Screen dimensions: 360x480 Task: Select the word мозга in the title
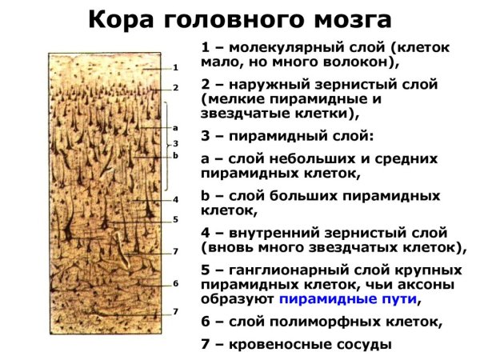[x=348, y=18]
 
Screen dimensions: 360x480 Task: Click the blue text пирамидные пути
[x=347, y=299]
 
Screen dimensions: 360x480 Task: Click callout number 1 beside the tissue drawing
[x=174, y=68]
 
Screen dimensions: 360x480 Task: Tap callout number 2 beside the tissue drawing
[x=174, y=86]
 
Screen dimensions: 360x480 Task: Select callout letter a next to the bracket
[x=174, y=127]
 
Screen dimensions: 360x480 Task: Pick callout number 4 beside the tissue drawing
[x=174, y=198]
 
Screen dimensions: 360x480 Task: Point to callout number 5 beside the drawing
[x=174, y=219]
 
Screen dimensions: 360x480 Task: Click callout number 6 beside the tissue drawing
[x=174, y=283]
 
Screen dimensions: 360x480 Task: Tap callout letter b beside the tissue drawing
[x=174, y=154]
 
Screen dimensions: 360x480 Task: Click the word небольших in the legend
[x=294, y=158]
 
